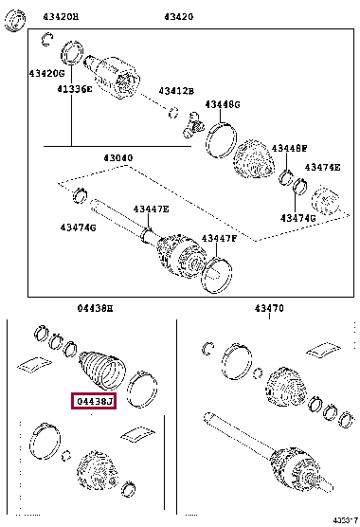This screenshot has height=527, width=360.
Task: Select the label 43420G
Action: pyautogui.click(x=46, y=73)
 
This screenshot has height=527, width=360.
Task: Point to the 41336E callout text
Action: pyautogui.click(x=73, y=88)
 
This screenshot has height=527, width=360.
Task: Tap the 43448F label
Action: pyautogui.click(x=289, y=148)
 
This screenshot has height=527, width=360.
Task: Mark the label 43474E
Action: pyautogui.click(x=321, y=167)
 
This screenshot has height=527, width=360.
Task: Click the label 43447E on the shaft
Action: pyautogui.click(x=151, y=209)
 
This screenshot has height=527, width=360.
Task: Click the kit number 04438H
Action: pyautogui.click(x=95, y=308)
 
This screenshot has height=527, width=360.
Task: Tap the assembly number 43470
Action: pyautogui.click(x=269, y=308)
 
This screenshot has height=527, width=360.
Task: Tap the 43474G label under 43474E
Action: pyautogui.click(x=297, y=218)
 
